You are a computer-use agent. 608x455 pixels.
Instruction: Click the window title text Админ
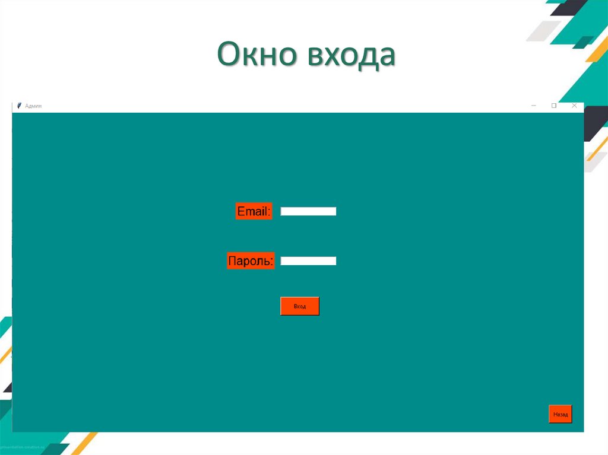point(33,106)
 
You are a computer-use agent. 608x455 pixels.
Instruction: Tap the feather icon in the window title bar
point(19,106)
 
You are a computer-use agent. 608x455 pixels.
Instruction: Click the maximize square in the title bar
point(554,106)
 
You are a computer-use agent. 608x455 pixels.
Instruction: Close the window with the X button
point(574,106)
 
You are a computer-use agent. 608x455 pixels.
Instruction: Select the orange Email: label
point(254,211)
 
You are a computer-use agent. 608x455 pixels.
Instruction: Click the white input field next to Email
point(308,211)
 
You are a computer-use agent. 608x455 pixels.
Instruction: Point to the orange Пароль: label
point(251,260)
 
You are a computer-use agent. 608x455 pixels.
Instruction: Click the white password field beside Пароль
point(308,260)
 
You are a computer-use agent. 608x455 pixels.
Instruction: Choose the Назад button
point(560,414)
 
